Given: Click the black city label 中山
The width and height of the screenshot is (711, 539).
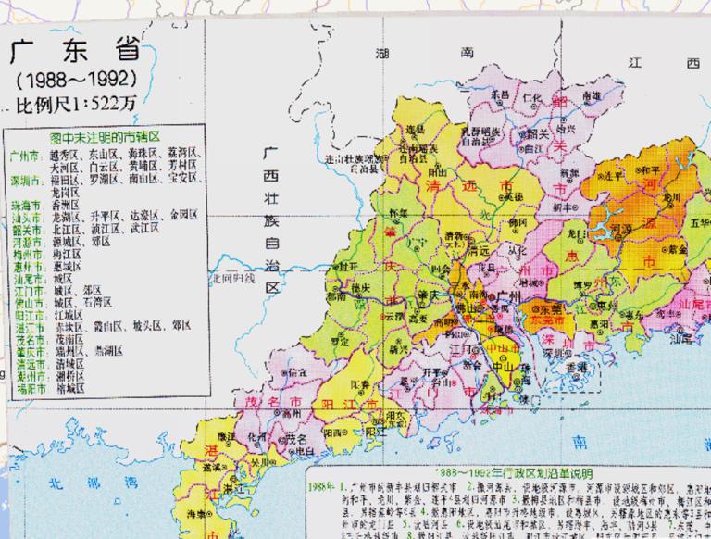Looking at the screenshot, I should pyautogui.click(x=506, y=363).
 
